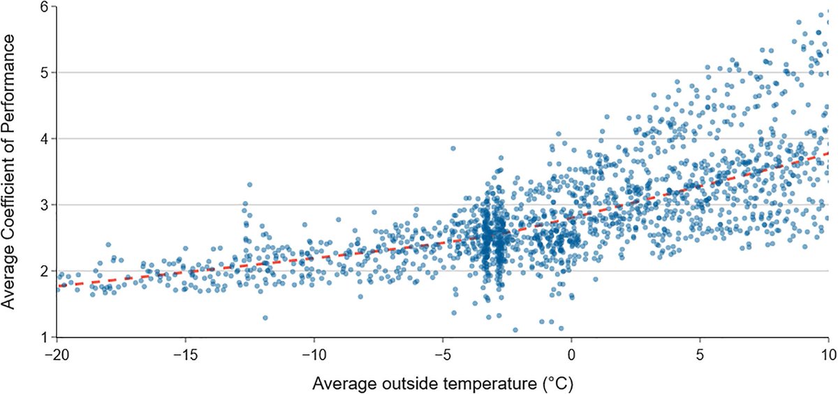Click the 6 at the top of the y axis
click(43, 6)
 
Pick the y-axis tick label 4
click(43, 139)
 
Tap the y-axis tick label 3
click(43, 205)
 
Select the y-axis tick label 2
click(43, 271)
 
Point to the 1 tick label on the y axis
click(43, 337)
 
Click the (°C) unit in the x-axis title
click(561, 384)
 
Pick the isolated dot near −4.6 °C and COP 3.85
click(453, 149)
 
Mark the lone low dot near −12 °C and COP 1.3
click(265, 318)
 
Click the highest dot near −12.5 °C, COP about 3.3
click(249, 185)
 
